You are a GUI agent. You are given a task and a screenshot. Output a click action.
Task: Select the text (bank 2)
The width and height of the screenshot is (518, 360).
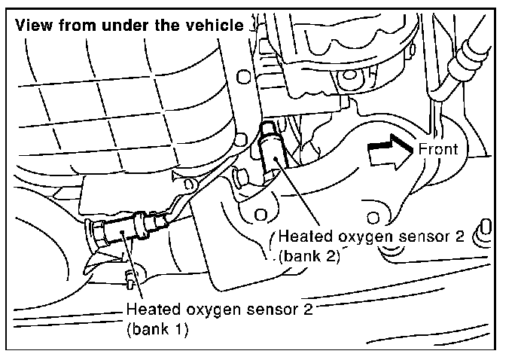point(309,255)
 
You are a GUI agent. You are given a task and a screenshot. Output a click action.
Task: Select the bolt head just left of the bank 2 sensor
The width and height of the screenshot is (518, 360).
point(239,178)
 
